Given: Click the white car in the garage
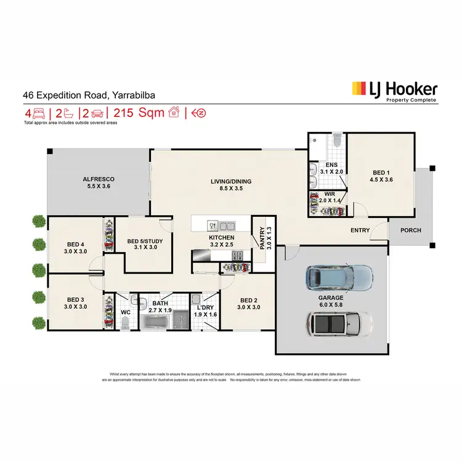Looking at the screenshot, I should point(340,322).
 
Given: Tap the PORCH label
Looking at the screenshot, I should point(411,230).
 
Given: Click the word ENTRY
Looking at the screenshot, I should point(360,230).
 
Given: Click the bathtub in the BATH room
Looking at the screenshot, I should point(158,322).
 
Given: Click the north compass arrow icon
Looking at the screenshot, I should point(198,113).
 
